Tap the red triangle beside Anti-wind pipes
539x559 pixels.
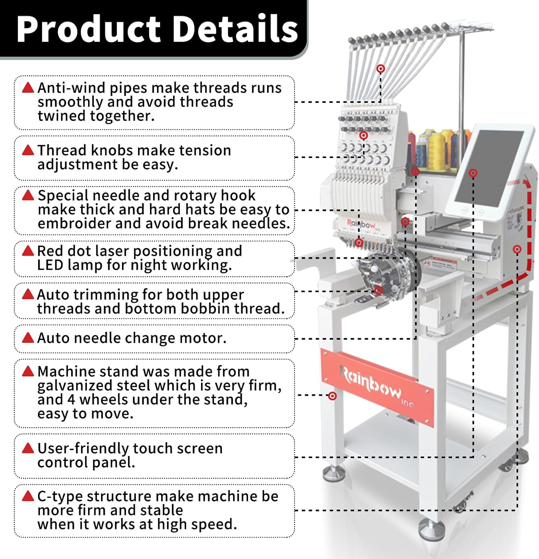click(28, 88)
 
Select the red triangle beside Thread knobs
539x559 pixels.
click(28, 150)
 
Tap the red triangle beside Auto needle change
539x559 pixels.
click(28, 338)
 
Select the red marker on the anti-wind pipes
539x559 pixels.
click(380, 69)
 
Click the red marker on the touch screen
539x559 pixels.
click(473, 173)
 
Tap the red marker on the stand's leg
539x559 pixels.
click(332, 396)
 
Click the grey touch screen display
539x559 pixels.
click(489, 168)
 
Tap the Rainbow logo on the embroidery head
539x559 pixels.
click(361, 224)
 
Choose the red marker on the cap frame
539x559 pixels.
click(379, 291)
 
